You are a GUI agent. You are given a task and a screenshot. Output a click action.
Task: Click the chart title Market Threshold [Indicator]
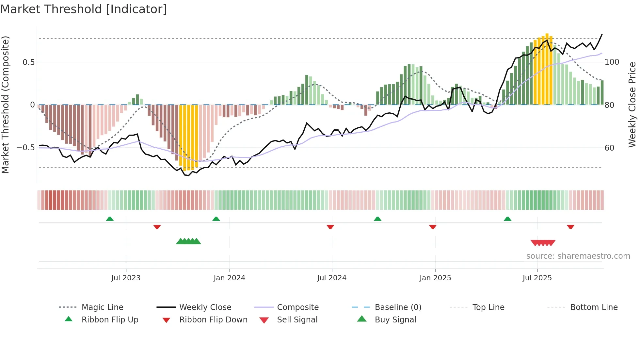coord(84,9)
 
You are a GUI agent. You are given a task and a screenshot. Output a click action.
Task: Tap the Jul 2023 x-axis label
coord(126,278)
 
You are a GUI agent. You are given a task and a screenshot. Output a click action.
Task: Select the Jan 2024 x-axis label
coord(229,278)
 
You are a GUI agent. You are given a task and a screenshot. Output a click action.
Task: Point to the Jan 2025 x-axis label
coord(435,278)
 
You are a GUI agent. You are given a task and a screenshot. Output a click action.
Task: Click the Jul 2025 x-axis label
coord(537,278)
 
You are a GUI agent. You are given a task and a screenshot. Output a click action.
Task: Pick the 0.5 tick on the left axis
coord(28,62)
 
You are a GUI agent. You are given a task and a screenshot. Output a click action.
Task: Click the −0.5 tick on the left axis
coord(26,148)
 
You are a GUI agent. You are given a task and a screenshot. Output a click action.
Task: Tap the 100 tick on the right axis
coord(612,62)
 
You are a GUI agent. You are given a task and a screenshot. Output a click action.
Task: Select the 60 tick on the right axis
coord(609,148)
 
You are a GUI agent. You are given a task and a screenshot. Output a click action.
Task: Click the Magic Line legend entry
coord(102,307)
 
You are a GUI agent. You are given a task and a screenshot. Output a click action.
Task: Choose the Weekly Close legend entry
coord(205,307)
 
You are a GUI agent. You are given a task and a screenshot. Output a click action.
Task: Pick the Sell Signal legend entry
coord(297,319)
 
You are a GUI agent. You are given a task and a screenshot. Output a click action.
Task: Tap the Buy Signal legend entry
coord(395,319)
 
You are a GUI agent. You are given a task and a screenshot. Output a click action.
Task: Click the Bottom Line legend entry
coord(594,307)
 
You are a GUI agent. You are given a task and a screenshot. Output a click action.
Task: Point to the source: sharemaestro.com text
coord(578,256)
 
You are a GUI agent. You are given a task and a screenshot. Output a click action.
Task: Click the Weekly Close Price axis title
coord(632,105)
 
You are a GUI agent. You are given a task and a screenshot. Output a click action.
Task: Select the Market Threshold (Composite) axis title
coord(5,105)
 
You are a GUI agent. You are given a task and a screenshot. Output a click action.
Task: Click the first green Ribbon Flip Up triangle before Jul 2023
coord(110,219)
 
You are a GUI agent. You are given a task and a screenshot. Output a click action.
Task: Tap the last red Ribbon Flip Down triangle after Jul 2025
coord(570,227)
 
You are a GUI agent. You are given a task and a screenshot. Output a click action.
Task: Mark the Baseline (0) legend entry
coord(398,307)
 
